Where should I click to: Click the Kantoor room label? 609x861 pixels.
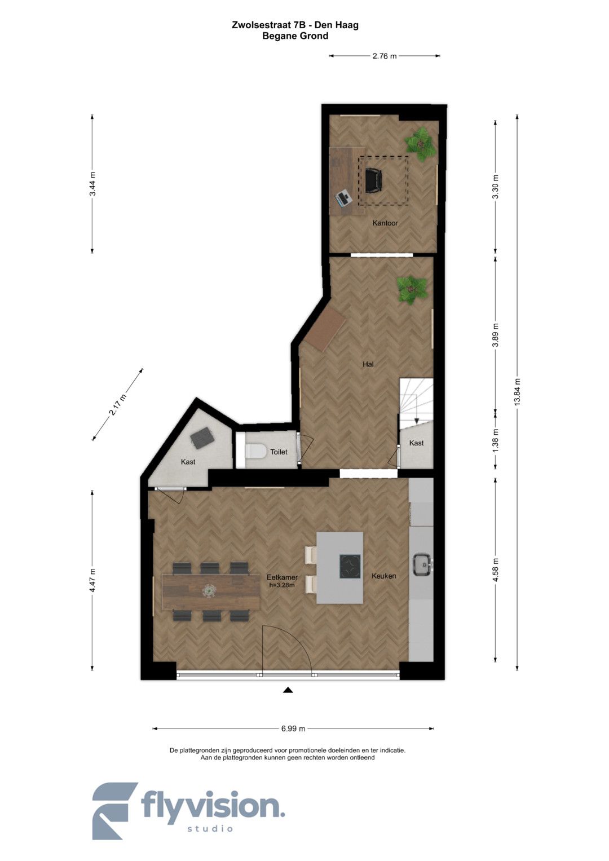pyautogui.click(x=385, y=223)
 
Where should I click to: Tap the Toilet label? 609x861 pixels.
pyautogui.click(x=279, y=452)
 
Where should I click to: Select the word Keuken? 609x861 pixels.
pyautogui.click(x=383, y=576)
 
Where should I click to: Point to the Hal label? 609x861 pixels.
pyautogui.click(x=368, y=364)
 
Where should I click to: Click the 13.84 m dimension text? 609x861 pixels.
pyautogui.click(x=517, y=391)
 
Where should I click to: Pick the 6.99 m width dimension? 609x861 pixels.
pyautogui.click(x=293, y=728)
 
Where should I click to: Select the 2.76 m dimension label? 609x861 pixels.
pyautogui.click(x=385, y=56)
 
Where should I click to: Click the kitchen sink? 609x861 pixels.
pyautogui.click(x=423, y=565)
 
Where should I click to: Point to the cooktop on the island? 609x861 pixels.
pyautogui.click(x=350, y=567)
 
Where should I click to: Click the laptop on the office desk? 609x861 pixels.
pyautogui.click(x=344, y=198)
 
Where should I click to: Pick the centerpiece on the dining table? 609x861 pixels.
pyautogui.click(x=209, y=590)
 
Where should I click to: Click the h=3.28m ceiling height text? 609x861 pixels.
pyautogui.click(x=282, y=585)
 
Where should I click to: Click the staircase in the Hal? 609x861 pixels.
pyautogui.click(x=416, y=404)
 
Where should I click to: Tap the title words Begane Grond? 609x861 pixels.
pyautogui.click(x=295, y=36)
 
